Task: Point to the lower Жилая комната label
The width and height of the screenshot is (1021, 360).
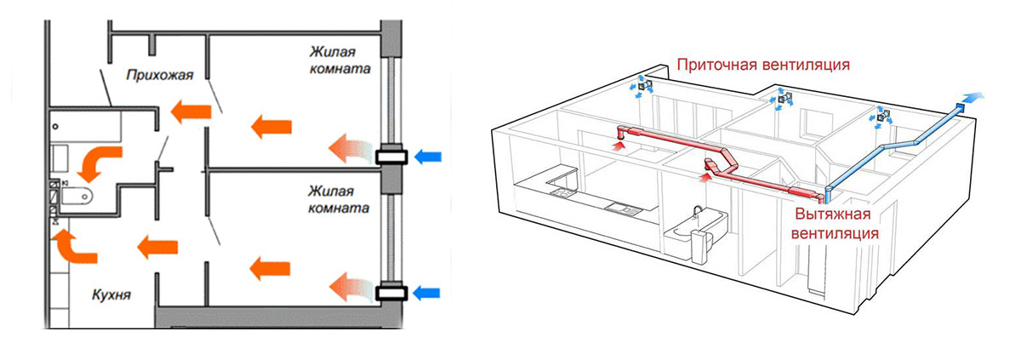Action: [x=338, y=199]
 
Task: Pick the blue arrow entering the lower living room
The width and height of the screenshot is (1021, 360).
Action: [x=431, y=293]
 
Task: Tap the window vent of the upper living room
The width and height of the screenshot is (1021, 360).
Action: [x=391, y=157]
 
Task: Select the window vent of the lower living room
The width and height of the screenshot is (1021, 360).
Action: [x=392, y=293]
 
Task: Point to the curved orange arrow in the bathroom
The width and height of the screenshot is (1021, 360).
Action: [x=104, y=160]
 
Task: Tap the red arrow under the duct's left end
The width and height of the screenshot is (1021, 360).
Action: [x=620, y=146]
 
